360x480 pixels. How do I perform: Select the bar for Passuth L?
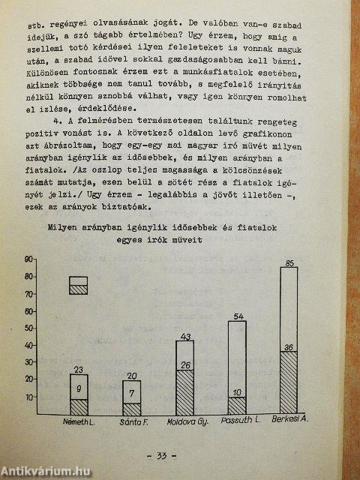pos(236,367)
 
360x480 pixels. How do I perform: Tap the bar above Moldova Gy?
pos(184,376)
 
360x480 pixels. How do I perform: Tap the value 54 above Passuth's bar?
pos(238,316)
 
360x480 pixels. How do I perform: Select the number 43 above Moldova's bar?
pos(185,336)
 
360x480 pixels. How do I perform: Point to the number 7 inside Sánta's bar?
pos(131,393)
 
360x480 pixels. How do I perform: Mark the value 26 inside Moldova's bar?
pos(185,365)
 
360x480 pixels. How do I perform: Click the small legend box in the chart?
pos(79,285)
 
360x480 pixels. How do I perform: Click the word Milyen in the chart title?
pos(64,227)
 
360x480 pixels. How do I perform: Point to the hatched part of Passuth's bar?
pos(236,405)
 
